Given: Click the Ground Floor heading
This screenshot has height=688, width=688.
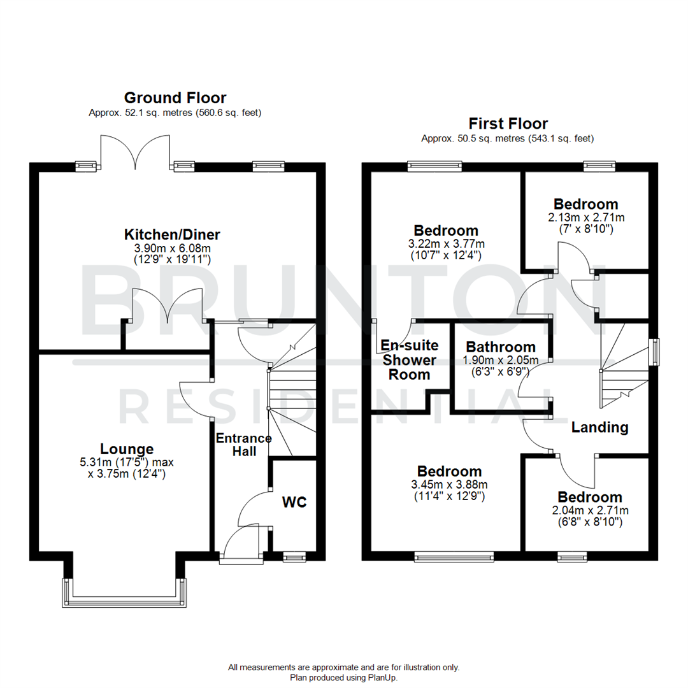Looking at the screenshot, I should click(175, 97).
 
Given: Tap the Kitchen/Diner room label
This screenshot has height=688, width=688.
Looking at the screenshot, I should click(172, 234).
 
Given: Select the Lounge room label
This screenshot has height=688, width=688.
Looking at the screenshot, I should click(126, 448).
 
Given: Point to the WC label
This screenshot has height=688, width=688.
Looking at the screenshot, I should click(294, 502).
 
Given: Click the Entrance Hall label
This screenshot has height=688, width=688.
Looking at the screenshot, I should click(244, 445).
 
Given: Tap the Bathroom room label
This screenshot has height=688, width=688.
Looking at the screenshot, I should click(500, 347).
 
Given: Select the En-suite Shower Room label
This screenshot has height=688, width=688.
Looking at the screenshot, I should click(409, 360).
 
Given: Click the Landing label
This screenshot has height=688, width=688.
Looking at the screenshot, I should click(599, 427).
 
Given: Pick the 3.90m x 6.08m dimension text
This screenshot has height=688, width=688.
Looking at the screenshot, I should click(172, 247).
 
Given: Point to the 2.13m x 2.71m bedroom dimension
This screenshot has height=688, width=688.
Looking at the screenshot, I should click(585, 217).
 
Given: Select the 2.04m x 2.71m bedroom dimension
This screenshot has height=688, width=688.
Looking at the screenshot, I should click(589, 510).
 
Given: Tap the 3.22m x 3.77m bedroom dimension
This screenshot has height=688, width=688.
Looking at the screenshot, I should click(445, 243).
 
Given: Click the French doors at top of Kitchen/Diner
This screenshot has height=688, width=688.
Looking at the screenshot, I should click(135, 153).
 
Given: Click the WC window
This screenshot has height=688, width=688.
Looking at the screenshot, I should click(294, 557).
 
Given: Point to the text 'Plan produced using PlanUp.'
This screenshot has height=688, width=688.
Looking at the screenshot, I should click(344, 678).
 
